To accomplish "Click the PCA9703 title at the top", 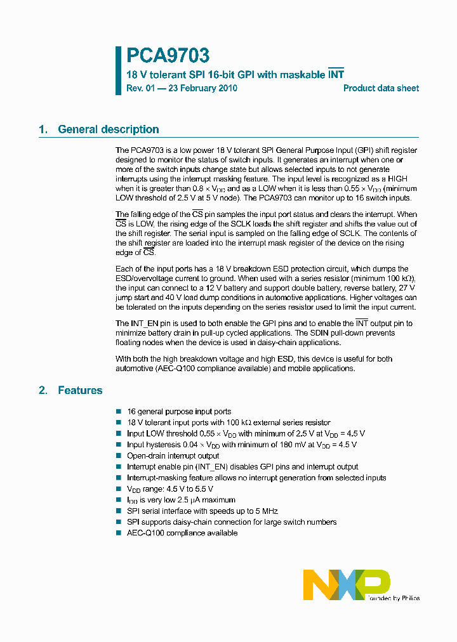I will click(168, 56).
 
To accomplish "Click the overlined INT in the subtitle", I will click(336, 75).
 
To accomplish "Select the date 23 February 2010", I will click(202, 88).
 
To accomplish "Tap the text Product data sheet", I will click(381, 88).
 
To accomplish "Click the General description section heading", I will click(109, 129).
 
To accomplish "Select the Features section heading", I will click(80, 390).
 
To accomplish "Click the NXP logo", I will click(347, 584).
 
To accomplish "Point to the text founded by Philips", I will click(394, 598).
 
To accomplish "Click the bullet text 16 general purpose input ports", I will click(179, 411).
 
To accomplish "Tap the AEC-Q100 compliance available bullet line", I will click(182, 533).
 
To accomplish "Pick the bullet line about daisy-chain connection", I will click(232, 521).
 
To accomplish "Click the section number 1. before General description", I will click(43, 129).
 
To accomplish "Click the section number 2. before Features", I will click(43, 390).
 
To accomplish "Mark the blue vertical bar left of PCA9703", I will click(118, 70).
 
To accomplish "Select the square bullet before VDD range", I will click(119, 489).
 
